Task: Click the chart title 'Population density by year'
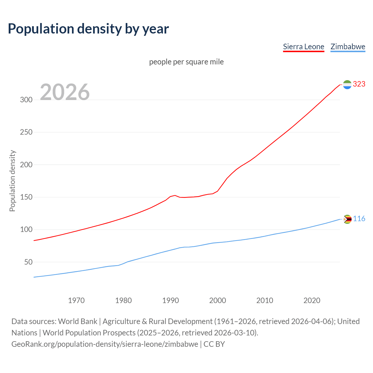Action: coord(88,29)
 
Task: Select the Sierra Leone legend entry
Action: coord(303,47)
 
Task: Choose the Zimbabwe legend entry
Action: coord(348,47)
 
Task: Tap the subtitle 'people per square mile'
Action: coord(186,62)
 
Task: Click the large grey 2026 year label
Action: coord(65,92)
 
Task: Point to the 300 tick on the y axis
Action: coord(26,100)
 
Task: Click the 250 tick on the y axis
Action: coord(26,132)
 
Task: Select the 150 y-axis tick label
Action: coord(26,197)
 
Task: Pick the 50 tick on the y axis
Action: coord(28,262)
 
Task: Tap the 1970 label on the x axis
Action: coord(76,300)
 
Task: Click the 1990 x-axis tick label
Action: coord(170,300)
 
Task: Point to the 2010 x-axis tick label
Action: coord(265,300)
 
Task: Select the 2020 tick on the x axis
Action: coord(312,300)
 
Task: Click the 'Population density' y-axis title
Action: coord(12,181)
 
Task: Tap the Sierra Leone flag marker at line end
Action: coord(347,85)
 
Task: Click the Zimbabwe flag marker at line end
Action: coord(347,219)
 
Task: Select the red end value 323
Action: coord(359,84)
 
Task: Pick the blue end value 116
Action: coord(359,219)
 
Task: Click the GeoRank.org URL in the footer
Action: coord(105,344)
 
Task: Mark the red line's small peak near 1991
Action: coord(175,195)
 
